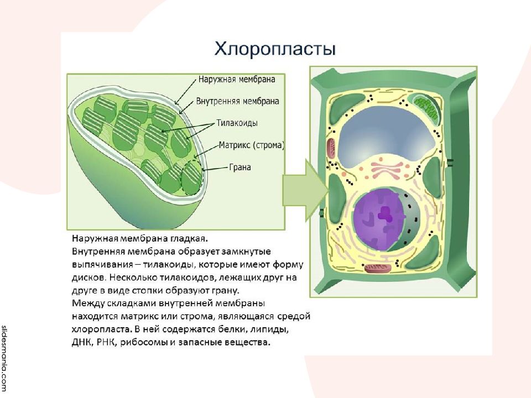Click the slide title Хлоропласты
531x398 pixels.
pyautogui.click(x=275, y=49)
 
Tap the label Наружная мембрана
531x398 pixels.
pyautogui.click(x=237, y=80)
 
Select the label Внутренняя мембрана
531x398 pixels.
pyautogui.click(x=237, y=101)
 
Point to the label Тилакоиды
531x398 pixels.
pyautogui.click(x=237, y=123)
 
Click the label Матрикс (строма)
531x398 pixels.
pyautogui.click(x=252, y=145)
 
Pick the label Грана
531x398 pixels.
pyautogui.click(x=240, y=167)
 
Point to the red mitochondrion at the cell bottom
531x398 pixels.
pyautogui.click(x=378, y=269)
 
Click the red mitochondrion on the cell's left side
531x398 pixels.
pyautogui.click(x=331, y=149)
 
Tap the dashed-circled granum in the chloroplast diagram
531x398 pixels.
pyautogui.click(x=192, y=177)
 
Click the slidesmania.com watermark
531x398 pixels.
pyautogui.click(x=4, y=358)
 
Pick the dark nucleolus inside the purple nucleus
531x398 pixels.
pyautogui.click(x=384, y=214)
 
